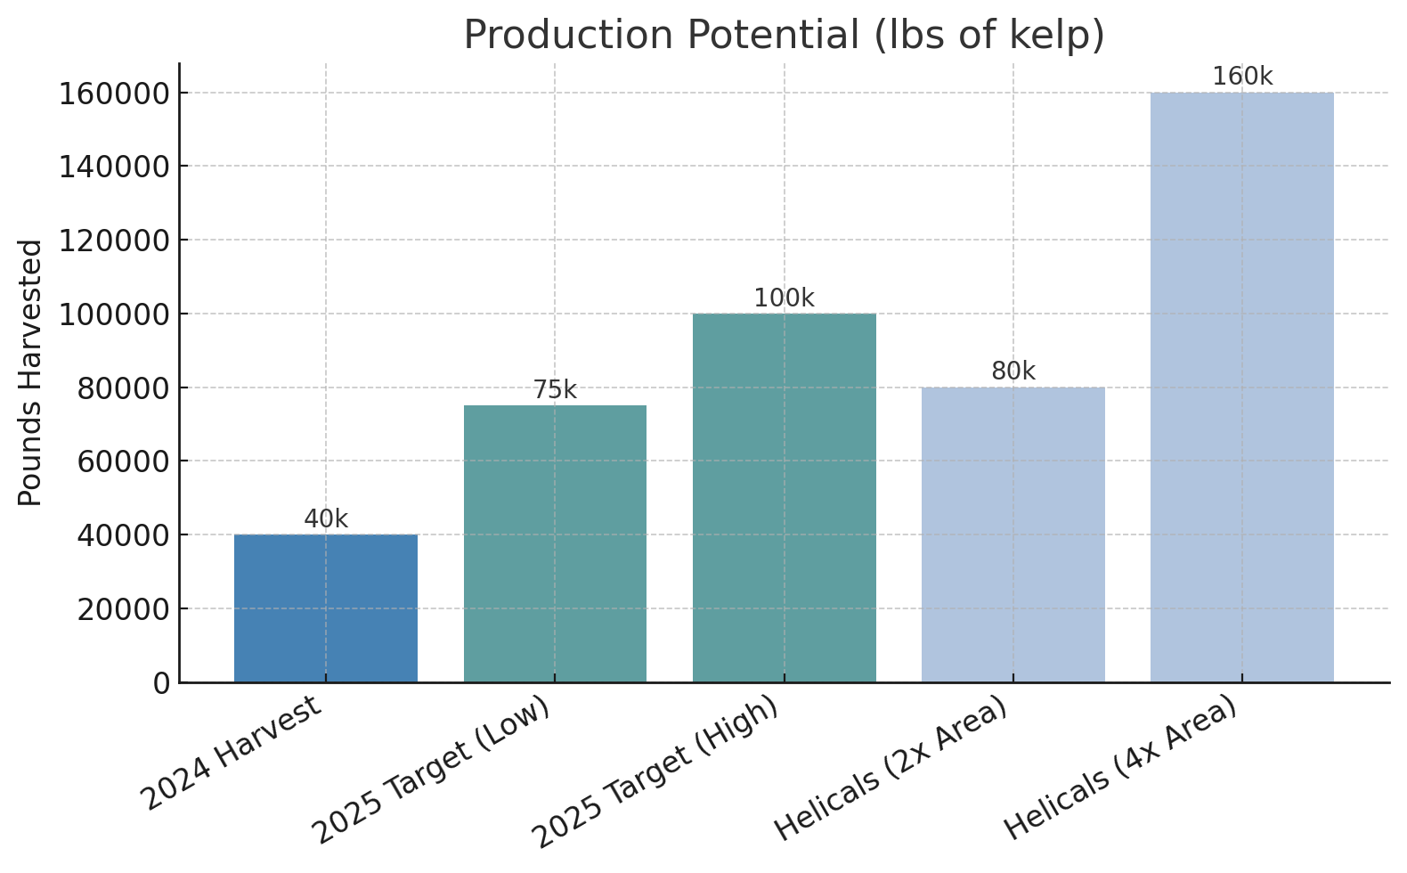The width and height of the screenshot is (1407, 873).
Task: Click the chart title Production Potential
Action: click(784, 36)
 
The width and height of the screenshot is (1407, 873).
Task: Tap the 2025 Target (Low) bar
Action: click(555, 543)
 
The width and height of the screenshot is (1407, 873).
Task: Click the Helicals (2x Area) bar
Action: click(1013, 534)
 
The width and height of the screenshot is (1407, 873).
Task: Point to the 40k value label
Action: click(326, 519)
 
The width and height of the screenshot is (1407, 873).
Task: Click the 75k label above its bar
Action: click(555, 390)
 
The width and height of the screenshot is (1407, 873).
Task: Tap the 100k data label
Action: click(784, 298)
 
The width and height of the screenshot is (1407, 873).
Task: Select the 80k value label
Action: click(1013, 371)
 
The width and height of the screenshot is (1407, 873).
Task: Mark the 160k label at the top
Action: click(1241, 77)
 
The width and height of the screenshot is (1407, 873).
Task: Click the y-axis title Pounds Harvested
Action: click(30, 372)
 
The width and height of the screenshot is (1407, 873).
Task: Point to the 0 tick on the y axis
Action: click(161, 683)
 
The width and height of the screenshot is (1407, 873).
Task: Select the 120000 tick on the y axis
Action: click(114, 241)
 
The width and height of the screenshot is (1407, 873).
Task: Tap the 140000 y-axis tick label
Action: click(114, 167)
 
